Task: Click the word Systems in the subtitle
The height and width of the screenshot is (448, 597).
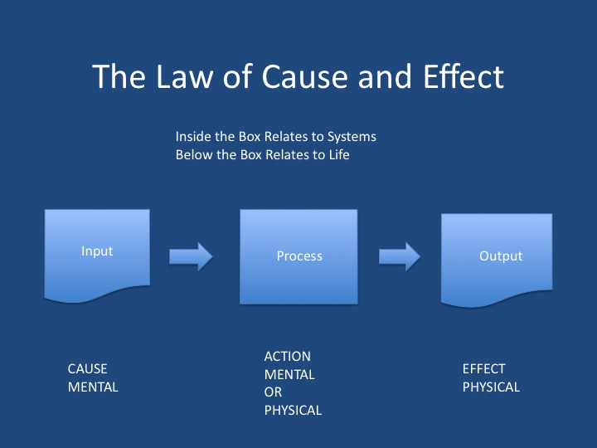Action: [x=350, y=136]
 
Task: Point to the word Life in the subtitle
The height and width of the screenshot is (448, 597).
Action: [x=337, y=154]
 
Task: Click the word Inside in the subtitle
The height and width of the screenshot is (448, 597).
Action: [x=192, y=136]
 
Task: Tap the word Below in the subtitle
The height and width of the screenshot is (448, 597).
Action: [x=193, y=154]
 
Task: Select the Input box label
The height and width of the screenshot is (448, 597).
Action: [x=97, y=251]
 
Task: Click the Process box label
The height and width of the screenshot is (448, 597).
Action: [x=299, y=256]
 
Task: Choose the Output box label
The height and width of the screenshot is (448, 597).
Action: [x=501, y=256]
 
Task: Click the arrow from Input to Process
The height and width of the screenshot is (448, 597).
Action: [x=191, y=256]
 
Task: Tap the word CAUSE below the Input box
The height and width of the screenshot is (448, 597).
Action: [x=88, y=368]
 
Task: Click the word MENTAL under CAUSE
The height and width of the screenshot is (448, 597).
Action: [x=93, y=387]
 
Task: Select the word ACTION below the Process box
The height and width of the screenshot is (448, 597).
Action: [x=287, y=356]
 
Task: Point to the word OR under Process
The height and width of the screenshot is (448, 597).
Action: [x=273, y=392]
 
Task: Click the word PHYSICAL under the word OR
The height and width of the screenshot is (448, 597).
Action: [x=293, y=410]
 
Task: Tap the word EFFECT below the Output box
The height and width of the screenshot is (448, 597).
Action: [x=483, y=368]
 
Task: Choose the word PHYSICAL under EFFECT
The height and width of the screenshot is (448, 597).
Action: [x=491, y=387]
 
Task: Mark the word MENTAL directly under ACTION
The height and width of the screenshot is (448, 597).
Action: [x=289, y=374]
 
